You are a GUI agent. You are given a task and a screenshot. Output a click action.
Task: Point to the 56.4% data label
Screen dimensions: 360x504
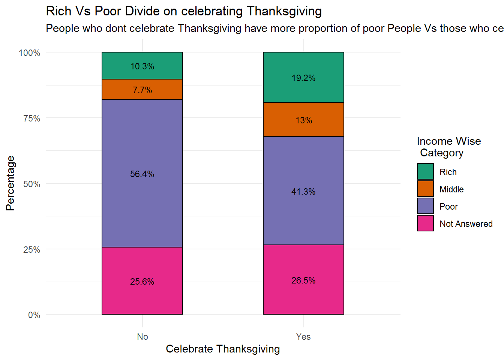click(x=142, y=174)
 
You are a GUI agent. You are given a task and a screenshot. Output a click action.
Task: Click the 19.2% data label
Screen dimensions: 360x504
click(x=303, y=78)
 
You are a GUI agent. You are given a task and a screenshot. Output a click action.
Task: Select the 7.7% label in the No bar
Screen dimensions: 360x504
click(x=142, y=90)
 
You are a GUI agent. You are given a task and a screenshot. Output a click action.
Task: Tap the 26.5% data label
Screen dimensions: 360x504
click(x=303, y=280)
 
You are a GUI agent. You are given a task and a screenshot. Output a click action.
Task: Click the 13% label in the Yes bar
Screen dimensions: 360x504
click(x=303, y=120)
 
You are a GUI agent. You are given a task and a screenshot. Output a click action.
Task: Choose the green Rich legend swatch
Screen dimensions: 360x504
click(x=425, y=172)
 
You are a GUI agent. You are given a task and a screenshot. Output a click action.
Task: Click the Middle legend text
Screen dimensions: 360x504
click(x=451, y=189)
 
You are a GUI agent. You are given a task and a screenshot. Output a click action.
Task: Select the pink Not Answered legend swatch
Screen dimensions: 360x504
click(x=425, y=223)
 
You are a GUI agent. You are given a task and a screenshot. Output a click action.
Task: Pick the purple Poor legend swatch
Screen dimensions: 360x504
click(x=425, y=206)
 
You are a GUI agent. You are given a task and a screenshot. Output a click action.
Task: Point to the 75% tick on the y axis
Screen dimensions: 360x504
click(x=32, y=118)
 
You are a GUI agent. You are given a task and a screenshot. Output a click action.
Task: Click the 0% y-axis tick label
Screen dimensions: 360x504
click(x=34, y=315)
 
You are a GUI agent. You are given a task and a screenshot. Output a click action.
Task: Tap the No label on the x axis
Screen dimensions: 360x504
click(x=142, y=337)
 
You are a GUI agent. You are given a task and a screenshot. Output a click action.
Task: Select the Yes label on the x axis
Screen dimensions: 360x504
click(x=303, y=337)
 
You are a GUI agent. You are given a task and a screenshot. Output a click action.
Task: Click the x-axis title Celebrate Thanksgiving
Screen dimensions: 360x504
click(x=223, y=349)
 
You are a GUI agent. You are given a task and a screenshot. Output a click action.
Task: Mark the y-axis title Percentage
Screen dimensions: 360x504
click(x=10, y=183)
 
